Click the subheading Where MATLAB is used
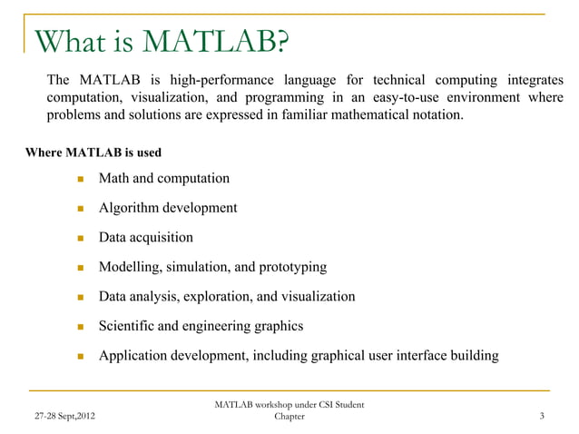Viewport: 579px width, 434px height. coord(94,152)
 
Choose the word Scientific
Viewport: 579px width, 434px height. coord(130,326)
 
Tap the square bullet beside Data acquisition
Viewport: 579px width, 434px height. coord(79,238)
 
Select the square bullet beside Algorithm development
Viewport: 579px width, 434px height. coord(79,208)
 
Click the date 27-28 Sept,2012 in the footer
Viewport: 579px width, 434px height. coord(60,417)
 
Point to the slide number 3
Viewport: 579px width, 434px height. coord(542,417)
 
